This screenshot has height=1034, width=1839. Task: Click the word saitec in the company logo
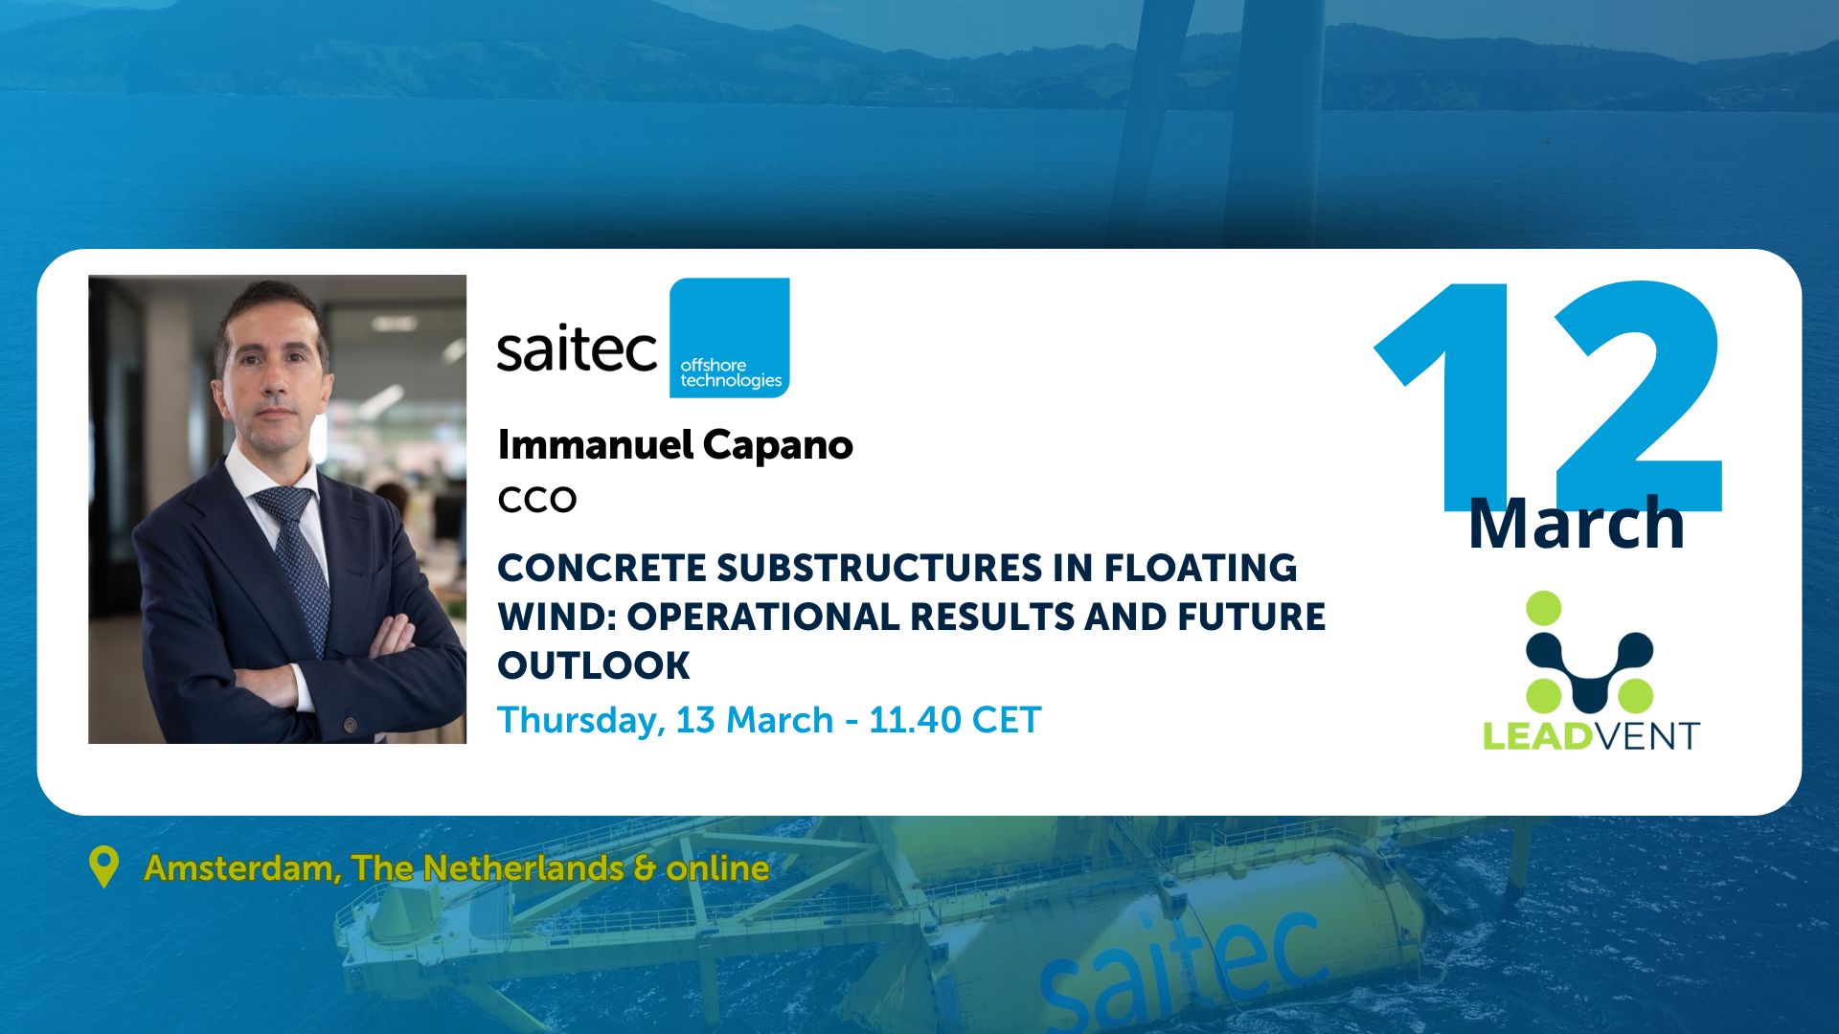[577, 349]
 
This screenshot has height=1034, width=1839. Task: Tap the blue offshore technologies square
[729, 337]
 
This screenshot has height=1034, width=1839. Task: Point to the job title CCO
[536, 500]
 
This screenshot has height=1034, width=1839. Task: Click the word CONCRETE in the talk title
[602, 568]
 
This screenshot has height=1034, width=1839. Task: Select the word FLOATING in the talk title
[1200, 568]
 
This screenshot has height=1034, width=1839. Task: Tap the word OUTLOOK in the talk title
[594, 665]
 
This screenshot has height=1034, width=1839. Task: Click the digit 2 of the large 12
[1638, 402]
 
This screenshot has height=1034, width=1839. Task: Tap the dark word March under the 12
[1576, 524]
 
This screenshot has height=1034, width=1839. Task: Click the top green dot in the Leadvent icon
[1543, 609]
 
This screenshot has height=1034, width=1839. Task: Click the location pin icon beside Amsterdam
[103, 865]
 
